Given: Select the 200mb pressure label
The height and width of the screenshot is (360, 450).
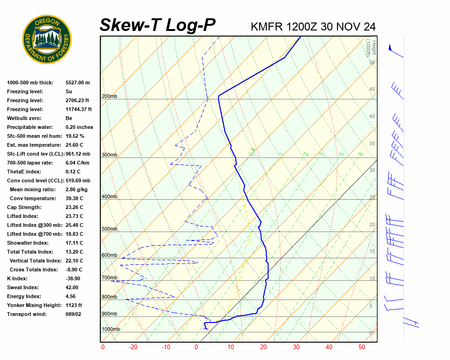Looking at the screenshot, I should point(109,97).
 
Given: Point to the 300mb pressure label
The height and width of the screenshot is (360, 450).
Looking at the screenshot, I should point(109,155).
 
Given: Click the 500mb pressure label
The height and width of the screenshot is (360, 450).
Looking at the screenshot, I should point(109,229).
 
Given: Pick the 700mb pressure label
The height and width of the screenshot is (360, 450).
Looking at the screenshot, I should point(109,278).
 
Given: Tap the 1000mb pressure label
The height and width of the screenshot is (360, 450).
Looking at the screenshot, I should point(111,329).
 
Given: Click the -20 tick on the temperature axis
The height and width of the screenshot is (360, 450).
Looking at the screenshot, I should point(133,347).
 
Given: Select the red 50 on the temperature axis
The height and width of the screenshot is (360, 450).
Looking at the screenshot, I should point(361,347).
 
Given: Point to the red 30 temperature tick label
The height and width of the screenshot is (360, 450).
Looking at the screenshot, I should point(296,347).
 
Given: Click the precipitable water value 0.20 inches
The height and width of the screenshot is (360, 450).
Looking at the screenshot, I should point(79,127).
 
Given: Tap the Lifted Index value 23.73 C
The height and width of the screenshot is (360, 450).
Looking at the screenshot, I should point(74,216).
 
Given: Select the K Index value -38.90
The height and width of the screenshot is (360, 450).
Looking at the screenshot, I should point(74,278).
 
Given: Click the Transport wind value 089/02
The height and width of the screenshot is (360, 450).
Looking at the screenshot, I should point(74,314).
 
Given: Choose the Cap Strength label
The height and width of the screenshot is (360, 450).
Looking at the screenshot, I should point(24,207).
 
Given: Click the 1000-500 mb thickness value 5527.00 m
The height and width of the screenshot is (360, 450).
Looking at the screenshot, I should point(77,82).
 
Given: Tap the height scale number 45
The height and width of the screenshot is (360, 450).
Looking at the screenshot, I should point(372,90).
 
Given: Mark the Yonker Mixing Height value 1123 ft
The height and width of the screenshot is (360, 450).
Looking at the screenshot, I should point(74,305).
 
